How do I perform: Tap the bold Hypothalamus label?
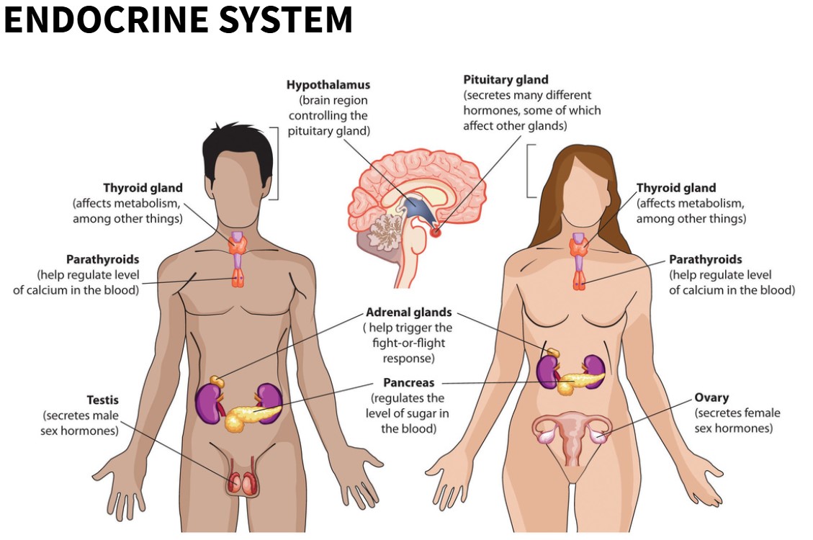pyautogui.click(x=328, y=85)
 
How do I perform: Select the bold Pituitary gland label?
pyautogui.click(x=506, y=80)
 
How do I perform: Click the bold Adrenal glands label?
pyautogui.click(x=408, y=312)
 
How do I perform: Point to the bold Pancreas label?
pyautogui.click(x=408, y=383)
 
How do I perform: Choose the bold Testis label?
pyautogui.click(x=103, y=400)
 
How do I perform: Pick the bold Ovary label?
pyautogui.click(x=711, y=397)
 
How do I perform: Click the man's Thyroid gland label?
pyautogui.click(x=143, y=189)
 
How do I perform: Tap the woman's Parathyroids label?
pyautogui.click(x=705, y=259)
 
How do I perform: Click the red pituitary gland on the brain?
pyautogui.click(x=436, y=232)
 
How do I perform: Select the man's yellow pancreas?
pyautogui.click(x=248, y=417)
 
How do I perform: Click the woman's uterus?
pyautogui.click(x=572, y=436)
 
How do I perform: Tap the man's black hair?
pyautogui.click(x=238, y=144)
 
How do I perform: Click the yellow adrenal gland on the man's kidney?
pyautogui.click(x=216, y=380)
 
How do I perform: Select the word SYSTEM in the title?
pyautogui.click(x=286, y=20)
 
